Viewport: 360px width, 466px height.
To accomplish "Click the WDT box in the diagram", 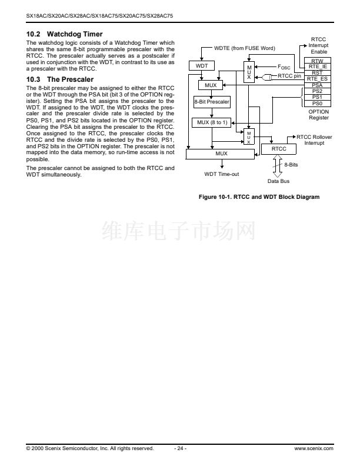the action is (x=201, y=66).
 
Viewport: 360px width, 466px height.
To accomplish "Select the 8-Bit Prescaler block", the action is (x=212, y=102).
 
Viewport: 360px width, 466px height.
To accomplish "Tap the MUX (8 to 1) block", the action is (x=212, y=122).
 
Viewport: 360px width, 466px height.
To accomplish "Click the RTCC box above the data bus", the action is (x=279, y=149).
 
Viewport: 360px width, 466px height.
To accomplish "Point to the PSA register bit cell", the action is (x=317, y=85).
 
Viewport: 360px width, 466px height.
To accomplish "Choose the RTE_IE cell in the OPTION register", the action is (x=317, y=66).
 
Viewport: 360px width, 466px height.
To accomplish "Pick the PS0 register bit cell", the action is (x=317, y=104).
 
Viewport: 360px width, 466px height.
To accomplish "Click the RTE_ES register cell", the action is (x=317, y=79).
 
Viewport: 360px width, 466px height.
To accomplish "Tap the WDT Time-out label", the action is (x=221, y=174).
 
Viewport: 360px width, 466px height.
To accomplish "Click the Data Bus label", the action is (x=278, y=181).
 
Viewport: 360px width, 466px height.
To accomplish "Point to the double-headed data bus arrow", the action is (x=278, y=166).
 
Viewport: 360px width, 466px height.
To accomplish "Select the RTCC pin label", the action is (x=289, y=76).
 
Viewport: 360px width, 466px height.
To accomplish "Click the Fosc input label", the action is (x=284, y=67).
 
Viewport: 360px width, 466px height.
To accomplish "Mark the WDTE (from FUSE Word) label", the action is (x=245, y=48).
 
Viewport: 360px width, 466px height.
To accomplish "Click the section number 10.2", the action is (x=34, y=34).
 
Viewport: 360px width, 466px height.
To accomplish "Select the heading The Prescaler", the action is (x=70, y=79).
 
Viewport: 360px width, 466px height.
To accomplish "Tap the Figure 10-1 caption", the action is (x=259, y=197).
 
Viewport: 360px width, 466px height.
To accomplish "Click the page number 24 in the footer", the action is (x=180, y=448).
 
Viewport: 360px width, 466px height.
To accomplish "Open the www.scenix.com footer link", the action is (x=314, y=448).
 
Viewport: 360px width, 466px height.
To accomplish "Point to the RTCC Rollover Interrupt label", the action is (x=314, y=140).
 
